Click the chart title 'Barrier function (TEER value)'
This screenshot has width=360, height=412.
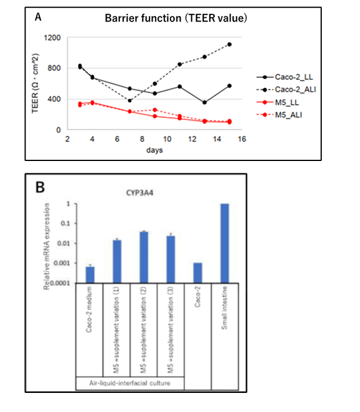[x=176, y=18]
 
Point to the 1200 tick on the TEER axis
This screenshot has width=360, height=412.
[x=52, y=38]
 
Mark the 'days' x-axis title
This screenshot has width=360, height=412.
[x=155, y=150]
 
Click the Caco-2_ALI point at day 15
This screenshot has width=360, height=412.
[x=229, y=44]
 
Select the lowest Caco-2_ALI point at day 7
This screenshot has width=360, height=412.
[x=129, y=100]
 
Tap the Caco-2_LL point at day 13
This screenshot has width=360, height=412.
[x=204, y=103]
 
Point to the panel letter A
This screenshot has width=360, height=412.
[x=38, y=17]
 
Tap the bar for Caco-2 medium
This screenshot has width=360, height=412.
[x=90, y=275]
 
